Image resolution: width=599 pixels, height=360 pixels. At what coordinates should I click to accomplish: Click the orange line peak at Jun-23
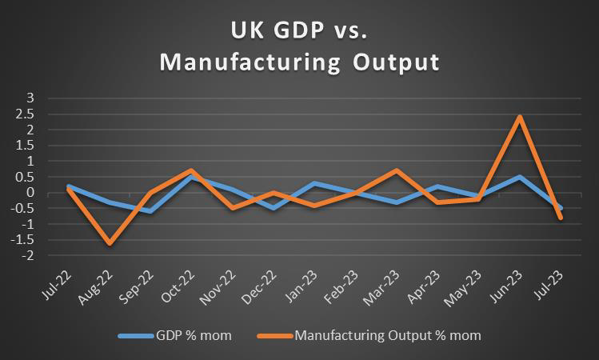coord(520,116)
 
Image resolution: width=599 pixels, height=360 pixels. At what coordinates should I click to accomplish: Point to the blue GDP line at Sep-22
coord(150,211)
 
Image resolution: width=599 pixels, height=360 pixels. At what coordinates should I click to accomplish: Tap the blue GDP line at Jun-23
coord(520,177)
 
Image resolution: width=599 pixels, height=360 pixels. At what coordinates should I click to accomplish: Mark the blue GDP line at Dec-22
coord(273,208)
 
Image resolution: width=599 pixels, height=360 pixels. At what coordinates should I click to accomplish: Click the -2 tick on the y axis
coord(30,256)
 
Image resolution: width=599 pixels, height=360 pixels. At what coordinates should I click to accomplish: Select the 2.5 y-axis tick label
coord(27,114)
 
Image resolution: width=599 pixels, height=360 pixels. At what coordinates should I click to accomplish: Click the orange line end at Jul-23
coord(561,218)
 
